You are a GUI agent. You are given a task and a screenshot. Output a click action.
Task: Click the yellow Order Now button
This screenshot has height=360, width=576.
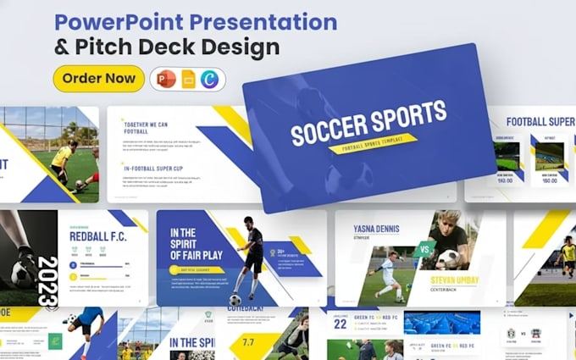pos(98,79)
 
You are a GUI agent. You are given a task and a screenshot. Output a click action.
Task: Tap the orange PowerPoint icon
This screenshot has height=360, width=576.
pos(167,79)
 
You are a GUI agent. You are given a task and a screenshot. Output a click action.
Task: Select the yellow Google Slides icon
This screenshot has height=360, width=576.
pos(189,79)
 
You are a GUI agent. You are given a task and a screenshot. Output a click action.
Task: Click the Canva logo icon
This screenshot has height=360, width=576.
pos(211,79)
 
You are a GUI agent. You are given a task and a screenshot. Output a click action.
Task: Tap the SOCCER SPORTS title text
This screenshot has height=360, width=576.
pos(368,122)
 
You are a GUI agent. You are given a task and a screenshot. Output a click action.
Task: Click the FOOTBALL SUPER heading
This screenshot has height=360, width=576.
pos(541,121)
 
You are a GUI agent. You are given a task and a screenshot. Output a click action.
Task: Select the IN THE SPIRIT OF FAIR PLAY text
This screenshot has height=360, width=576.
pos(196,245)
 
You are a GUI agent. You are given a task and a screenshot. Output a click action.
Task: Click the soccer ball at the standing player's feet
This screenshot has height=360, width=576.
pos(235,299)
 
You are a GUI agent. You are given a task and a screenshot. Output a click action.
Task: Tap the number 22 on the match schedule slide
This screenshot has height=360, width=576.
pos(340,322)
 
